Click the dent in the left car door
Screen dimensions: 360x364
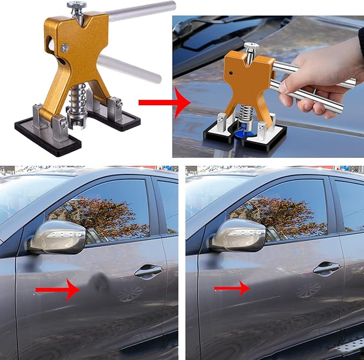click(98, 282)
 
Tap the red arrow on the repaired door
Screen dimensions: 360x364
click(232, 289)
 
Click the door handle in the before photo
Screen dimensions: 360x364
click(148, 272)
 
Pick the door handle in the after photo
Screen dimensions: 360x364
click(326, 268)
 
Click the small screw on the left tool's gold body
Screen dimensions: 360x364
click(65, 47)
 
